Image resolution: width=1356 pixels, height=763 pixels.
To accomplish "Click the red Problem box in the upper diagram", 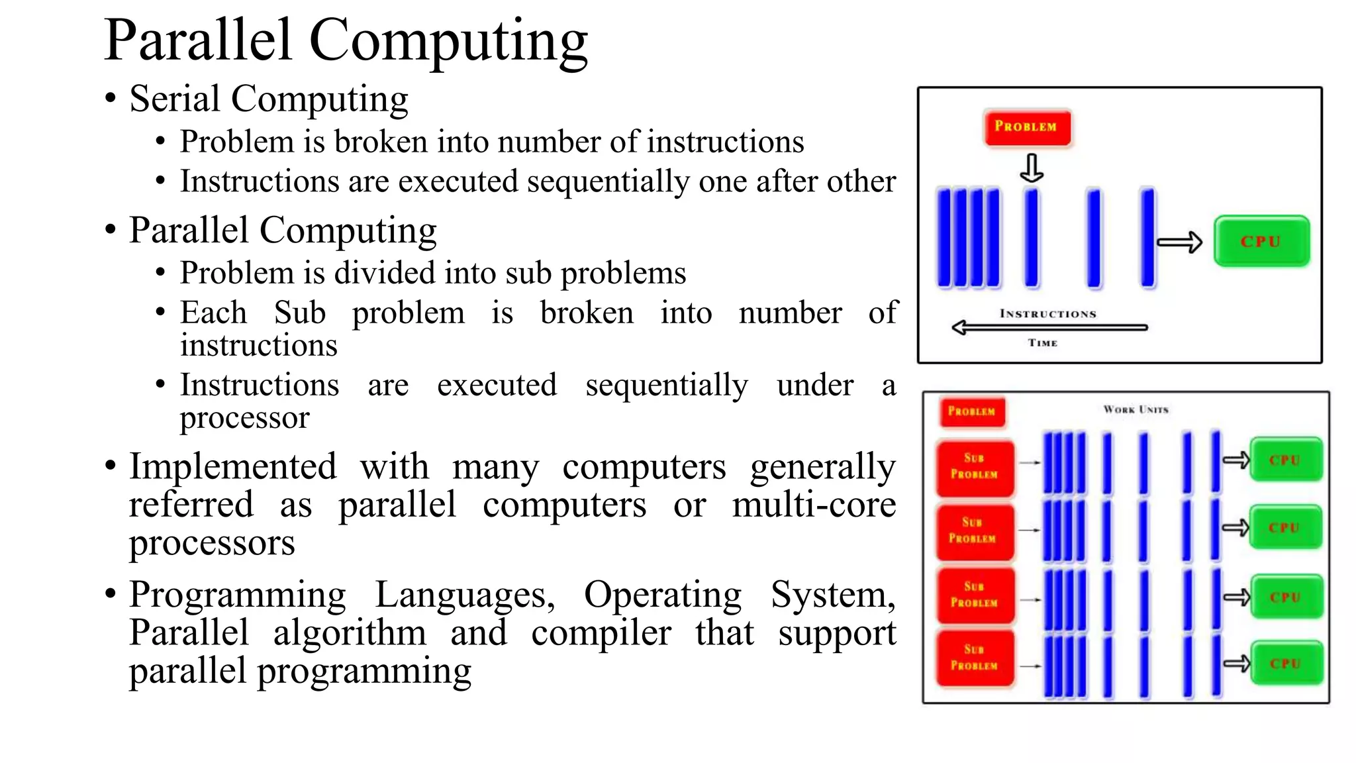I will (1027, 127).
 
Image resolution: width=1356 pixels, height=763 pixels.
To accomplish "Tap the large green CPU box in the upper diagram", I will (1261, 242).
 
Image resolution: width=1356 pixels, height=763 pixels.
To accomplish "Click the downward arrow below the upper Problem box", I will (1032, 168).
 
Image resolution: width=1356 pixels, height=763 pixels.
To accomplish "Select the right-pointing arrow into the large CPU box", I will (1179, 242).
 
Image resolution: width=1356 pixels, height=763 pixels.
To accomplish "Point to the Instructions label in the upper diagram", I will (1047, 314).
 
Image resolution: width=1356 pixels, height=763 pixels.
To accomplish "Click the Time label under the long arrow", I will (1043, 343).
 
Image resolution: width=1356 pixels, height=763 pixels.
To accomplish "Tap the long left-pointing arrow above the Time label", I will (1049, 327).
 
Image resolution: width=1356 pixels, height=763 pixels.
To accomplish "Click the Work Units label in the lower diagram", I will (1136, 410).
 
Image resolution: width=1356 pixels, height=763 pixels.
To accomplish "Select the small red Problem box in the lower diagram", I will (972, 411).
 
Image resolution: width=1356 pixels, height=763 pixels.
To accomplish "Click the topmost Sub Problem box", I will (974, 467).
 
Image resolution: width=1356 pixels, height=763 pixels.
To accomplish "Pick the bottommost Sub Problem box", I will (974, 658).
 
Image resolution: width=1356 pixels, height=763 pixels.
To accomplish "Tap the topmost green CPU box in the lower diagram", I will (1285, 460).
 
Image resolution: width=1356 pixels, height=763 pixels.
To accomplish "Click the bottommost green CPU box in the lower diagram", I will (1285, 663).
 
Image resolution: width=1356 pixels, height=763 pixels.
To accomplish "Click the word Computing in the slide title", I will (448, 41).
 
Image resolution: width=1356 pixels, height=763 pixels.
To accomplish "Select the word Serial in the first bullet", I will (175, 99).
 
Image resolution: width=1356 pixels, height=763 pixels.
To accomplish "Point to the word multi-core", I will (814, 505).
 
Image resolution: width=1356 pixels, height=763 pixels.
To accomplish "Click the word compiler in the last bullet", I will (601, 633).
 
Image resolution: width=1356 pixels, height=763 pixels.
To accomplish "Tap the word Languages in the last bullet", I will (465, 595).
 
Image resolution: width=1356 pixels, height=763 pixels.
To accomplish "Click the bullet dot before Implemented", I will (111, 466).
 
